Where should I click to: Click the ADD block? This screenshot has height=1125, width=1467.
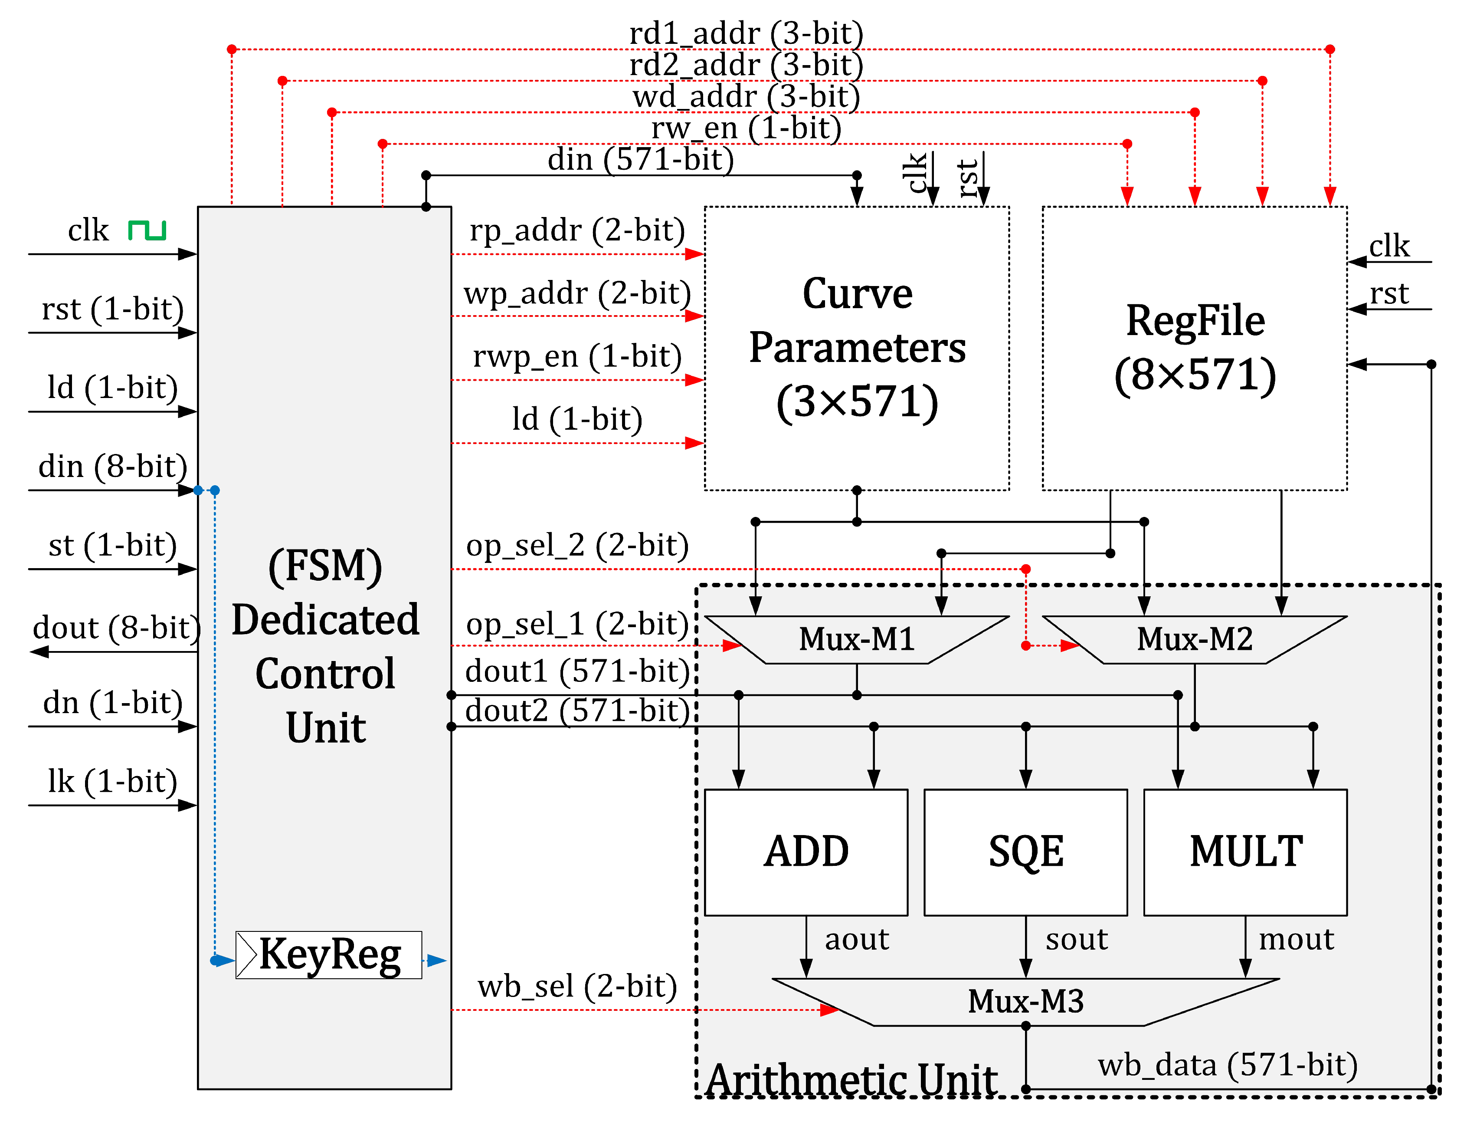[x=806, y=852]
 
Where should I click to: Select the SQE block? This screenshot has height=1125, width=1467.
[x=1025, y=852]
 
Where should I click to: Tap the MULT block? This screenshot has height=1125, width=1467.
[x=1245, y=852]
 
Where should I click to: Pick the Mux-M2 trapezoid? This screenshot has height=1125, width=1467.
[x=1194, y=639]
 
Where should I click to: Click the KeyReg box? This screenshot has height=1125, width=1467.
[x=329, y=954]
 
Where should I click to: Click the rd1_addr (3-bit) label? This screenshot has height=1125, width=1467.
[x=746, y=33]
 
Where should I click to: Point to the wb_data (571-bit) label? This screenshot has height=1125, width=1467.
[x=1227, y=1065]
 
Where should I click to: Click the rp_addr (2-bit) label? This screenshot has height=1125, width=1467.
[x=577, y=230]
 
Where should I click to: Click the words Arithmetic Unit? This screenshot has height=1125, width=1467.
[x=851, y=1079]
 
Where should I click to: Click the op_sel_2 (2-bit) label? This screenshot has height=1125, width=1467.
[x=577, y=545]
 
